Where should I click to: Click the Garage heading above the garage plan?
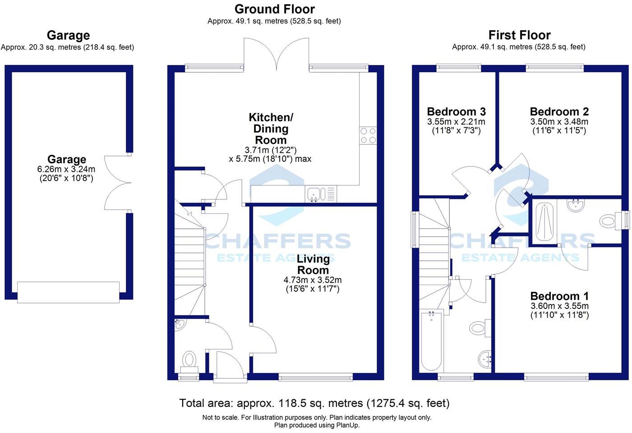pyautogui.click(x=68, y=35)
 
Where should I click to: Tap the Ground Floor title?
pyautogui.click(x=274, y=9)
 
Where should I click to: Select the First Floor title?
pyautogui.click(x=519, y=35)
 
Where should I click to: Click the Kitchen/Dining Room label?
pyautogui.click(x=271, y=129)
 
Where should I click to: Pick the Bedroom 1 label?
pyautogui.click(x=559, y=296)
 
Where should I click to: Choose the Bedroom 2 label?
pyautogui.click(x=559, y=111)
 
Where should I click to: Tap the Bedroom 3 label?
pyautogui.click(x=456, y=111)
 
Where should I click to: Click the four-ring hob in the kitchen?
pyautogui.click(x=368, y=135)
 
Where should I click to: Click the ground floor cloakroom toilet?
pyautogui.click(x=189, y=360)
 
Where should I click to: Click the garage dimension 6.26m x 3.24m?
pyautogui.click(x=66, y=170)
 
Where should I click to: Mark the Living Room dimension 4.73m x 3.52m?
pyautogui.click(x=313, y=280)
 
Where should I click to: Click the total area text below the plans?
pyautogui.click(x=314, y=403)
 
